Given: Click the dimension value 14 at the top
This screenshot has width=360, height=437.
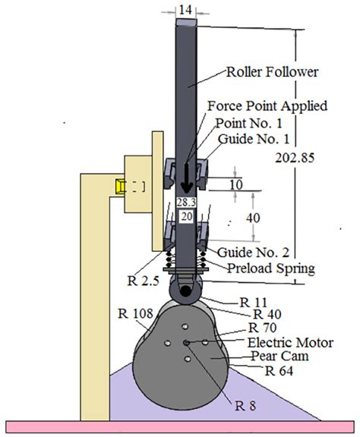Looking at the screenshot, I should (186, 9).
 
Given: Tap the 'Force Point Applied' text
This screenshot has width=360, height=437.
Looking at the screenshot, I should (267, 106).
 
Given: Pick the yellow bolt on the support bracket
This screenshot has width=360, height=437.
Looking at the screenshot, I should (120, 187).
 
